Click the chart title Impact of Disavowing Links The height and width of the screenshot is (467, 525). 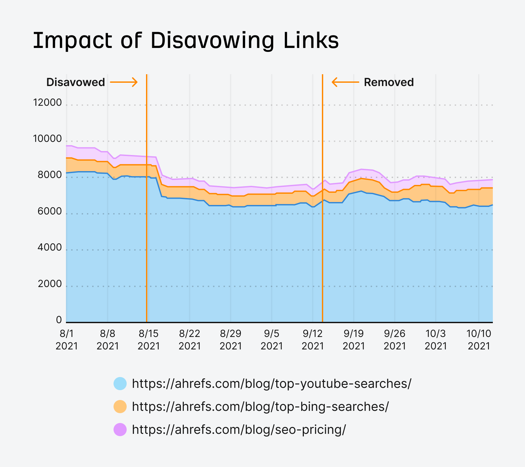[186, 41]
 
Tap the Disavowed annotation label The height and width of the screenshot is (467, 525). [75, 82]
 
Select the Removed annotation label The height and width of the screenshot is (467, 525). [389, 82]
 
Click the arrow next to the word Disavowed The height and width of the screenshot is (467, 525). [124, 82]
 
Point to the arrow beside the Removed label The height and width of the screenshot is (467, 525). [345, 82]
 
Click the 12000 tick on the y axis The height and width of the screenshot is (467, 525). [47, 103]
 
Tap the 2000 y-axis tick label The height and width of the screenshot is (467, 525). [50, 284]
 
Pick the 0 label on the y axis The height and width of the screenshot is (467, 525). [59, 320]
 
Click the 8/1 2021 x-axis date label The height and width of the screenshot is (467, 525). [67, 340]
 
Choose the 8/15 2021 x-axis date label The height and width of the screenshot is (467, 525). [149, 340]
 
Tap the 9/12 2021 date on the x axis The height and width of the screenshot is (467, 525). [313, 340]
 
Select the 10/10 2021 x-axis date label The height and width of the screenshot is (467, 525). [479, 340]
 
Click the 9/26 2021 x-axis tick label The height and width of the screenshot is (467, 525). [395, 340]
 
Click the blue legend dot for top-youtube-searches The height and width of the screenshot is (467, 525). [120, 384]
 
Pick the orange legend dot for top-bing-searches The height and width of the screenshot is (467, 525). [120, 407]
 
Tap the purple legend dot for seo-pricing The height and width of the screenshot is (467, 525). [120, 430]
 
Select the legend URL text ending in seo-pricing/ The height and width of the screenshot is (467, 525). [239, 430]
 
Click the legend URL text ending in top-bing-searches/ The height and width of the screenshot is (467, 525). [260, 407]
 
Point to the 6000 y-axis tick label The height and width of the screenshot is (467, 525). [50, 211]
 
